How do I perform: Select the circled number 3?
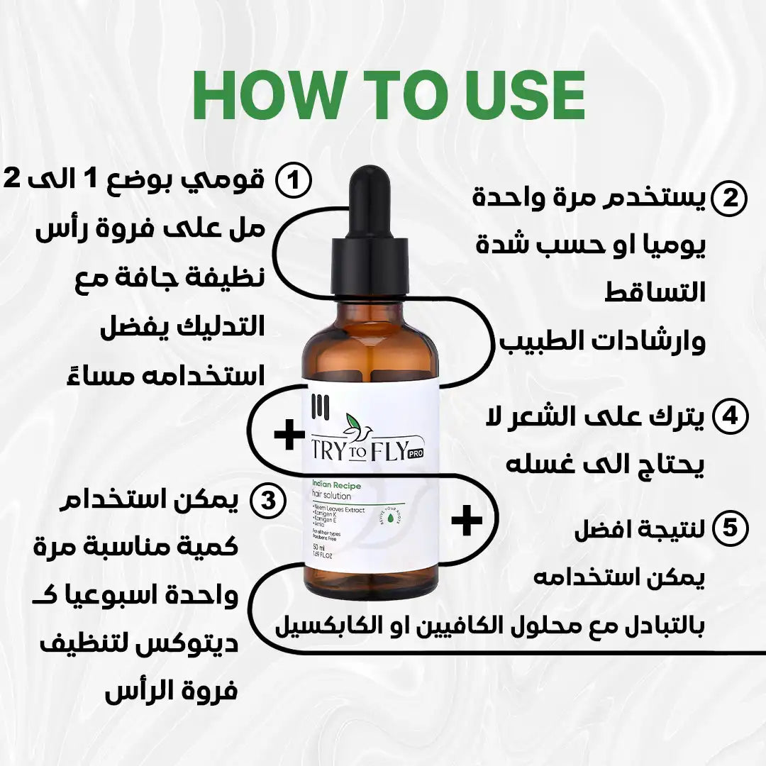pyautogui.click(x=268, y=501)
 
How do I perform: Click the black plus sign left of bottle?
pyautogui.click(x=289, y=435)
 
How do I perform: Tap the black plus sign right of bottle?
pyautogui.click(x=467, y=521)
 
